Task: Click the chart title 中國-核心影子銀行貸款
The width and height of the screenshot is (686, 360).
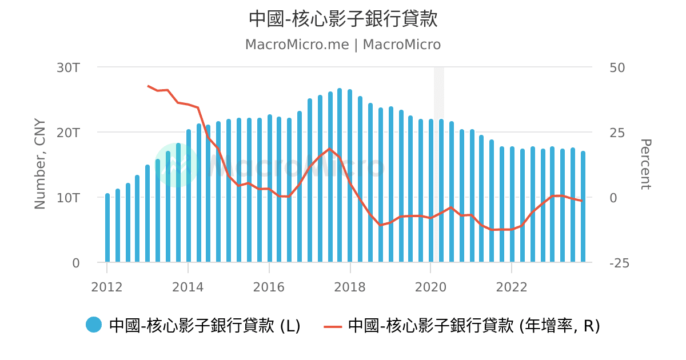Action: (343, 19)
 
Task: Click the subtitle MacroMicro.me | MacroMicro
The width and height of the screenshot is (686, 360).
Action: (343, 45)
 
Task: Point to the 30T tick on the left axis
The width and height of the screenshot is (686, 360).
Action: (68, 67)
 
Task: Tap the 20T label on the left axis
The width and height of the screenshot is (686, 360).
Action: (68, 133)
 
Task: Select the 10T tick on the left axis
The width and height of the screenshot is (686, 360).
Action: (68, 198)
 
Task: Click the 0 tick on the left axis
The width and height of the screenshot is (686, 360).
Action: (75, 263)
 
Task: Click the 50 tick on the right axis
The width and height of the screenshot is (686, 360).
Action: (617, 67)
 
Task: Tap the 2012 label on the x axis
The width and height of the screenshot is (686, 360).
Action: (107, 287)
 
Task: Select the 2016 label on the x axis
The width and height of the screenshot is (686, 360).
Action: (269, 287)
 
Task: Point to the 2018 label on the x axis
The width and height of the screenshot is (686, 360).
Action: (350, 287)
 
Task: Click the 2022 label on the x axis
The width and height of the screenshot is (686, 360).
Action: (512, 287)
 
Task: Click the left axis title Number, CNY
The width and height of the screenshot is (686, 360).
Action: (40, 164)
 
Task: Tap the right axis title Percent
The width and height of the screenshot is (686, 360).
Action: (645, 164)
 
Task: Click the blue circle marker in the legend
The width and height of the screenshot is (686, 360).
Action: (94, 325)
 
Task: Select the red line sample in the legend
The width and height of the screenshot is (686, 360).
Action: (332, 326)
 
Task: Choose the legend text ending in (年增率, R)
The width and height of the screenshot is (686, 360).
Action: (474, 326)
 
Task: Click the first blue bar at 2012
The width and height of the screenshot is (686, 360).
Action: (107, 229)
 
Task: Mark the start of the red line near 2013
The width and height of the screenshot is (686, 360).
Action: (148, 86)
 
